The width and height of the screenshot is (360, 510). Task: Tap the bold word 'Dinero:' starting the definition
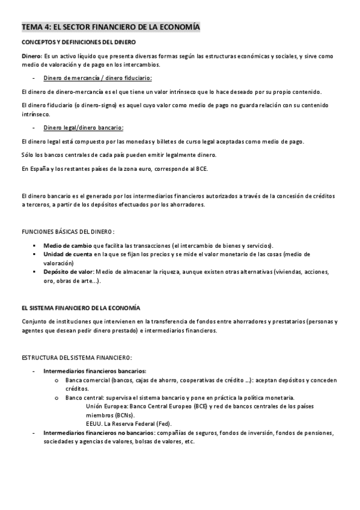coord(31,56)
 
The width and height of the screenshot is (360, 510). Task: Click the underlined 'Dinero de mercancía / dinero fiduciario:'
coord(98,78)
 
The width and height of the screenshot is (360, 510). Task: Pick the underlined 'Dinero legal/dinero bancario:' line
coord(84,127)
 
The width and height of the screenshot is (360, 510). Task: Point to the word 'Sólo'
coord(27,155)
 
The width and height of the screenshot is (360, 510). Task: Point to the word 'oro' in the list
coord(49,281)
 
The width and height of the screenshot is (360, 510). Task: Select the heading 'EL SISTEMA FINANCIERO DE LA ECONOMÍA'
coord(81,307)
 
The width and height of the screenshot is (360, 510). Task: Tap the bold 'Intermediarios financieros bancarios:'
coord(95,371)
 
